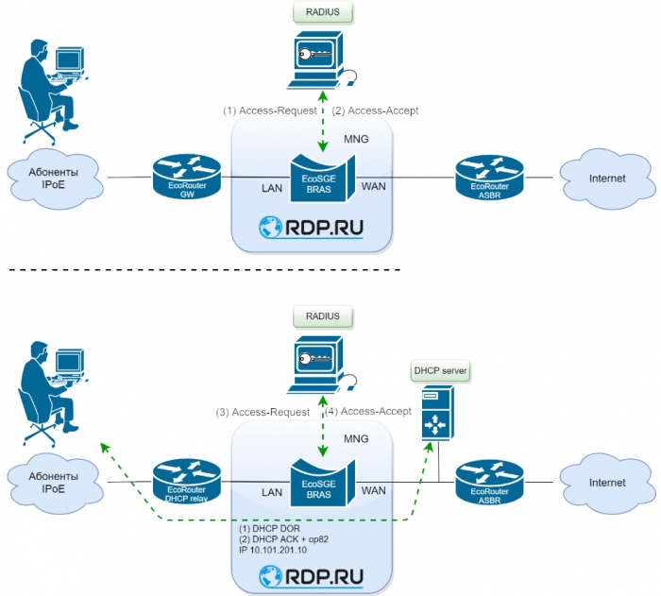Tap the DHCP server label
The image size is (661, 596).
(438, 371)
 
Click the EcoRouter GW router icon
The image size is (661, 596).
(186, 176)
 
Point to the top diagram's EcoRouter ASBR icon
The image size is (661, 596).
(489, 176)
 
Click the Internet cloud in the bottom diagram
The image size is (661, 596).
(606, 482)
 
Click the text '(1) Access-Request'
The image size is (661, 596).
(270, 111)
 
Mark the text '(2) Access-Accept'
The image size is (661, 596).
(376, 111)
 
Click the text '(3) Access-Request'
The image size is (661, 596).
(263, 412)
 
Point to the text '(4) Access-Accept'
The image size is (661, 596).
(368, 411)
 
